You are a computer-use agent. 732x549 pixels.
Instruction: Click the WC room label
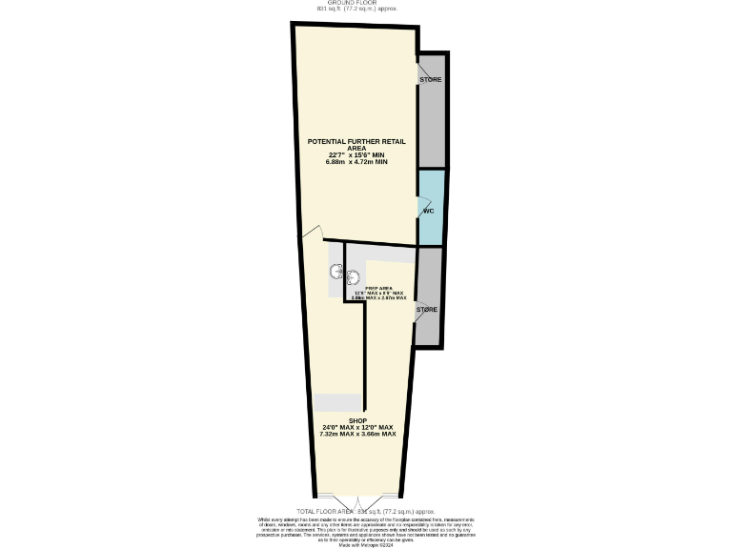(x=429, y=211)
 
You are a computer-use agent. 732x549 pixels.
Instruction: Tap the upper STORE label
(x=431, y=79)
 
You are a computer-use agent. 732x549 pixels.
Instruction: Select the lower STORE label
(x=427, y=310)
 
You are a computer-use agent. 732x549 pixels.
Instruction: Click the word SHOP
(x=357, y=420)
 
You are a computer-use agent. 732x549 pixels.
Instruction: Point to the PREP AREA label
(x=379, y=287)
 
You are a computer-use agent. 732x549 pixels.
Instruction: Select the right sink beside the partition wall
(x=353, y=278)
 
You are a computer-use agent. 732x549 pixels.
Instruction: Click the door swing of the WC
(x=424, y=206)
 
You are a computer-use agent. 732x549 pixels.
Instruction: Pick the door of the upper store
(x=420, y=71)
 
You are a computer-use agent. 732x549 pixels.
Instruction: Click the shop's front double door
(x=356, y=500)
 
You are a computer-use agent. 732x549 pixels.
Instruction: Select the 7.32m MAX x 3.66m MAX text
(x=357, y=434)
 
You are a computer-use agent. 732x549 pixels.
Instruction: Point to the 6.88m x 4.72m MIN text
(x=356, y=162)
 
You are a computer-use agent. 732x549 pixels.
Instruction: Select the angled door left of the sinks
(x=311, y=234)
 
